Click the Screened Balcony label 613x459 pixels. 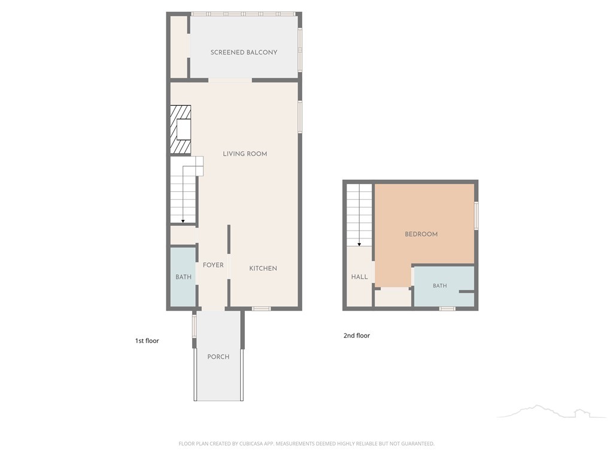[244, 53]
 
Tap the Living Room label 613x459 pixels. [245, 154]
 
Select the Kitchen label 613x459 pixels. [263, 268]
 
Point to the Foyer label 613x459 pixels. [213, 265]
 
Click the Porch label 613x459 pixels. [218, 357]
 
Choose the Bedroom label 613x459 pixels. [421, 234]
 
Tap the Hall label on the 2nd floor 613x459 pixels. [359, 277]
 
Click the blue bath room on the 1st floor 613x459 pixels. [183, 277]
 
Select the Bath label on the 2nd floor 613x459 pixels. [440, 286]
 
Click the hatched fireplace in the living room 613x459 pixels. [181, 130]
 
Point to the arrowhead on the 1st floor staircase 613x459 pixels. [183, 221]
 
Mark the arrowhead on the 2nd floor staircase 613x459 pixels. [359, 244]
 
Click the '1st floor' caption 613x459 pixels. [147, 341]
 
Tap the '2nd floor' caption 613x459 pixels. [357, 335]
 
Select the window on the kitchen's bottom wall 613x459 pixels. [261, 309]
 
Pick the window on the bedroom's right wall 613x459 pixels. [476, 215]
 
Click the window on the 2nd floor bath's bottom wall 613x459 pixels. [447, 309]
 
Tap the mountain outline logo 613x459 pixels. [551, 412]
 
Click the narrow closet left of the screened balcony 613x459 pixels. [178, 47]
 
